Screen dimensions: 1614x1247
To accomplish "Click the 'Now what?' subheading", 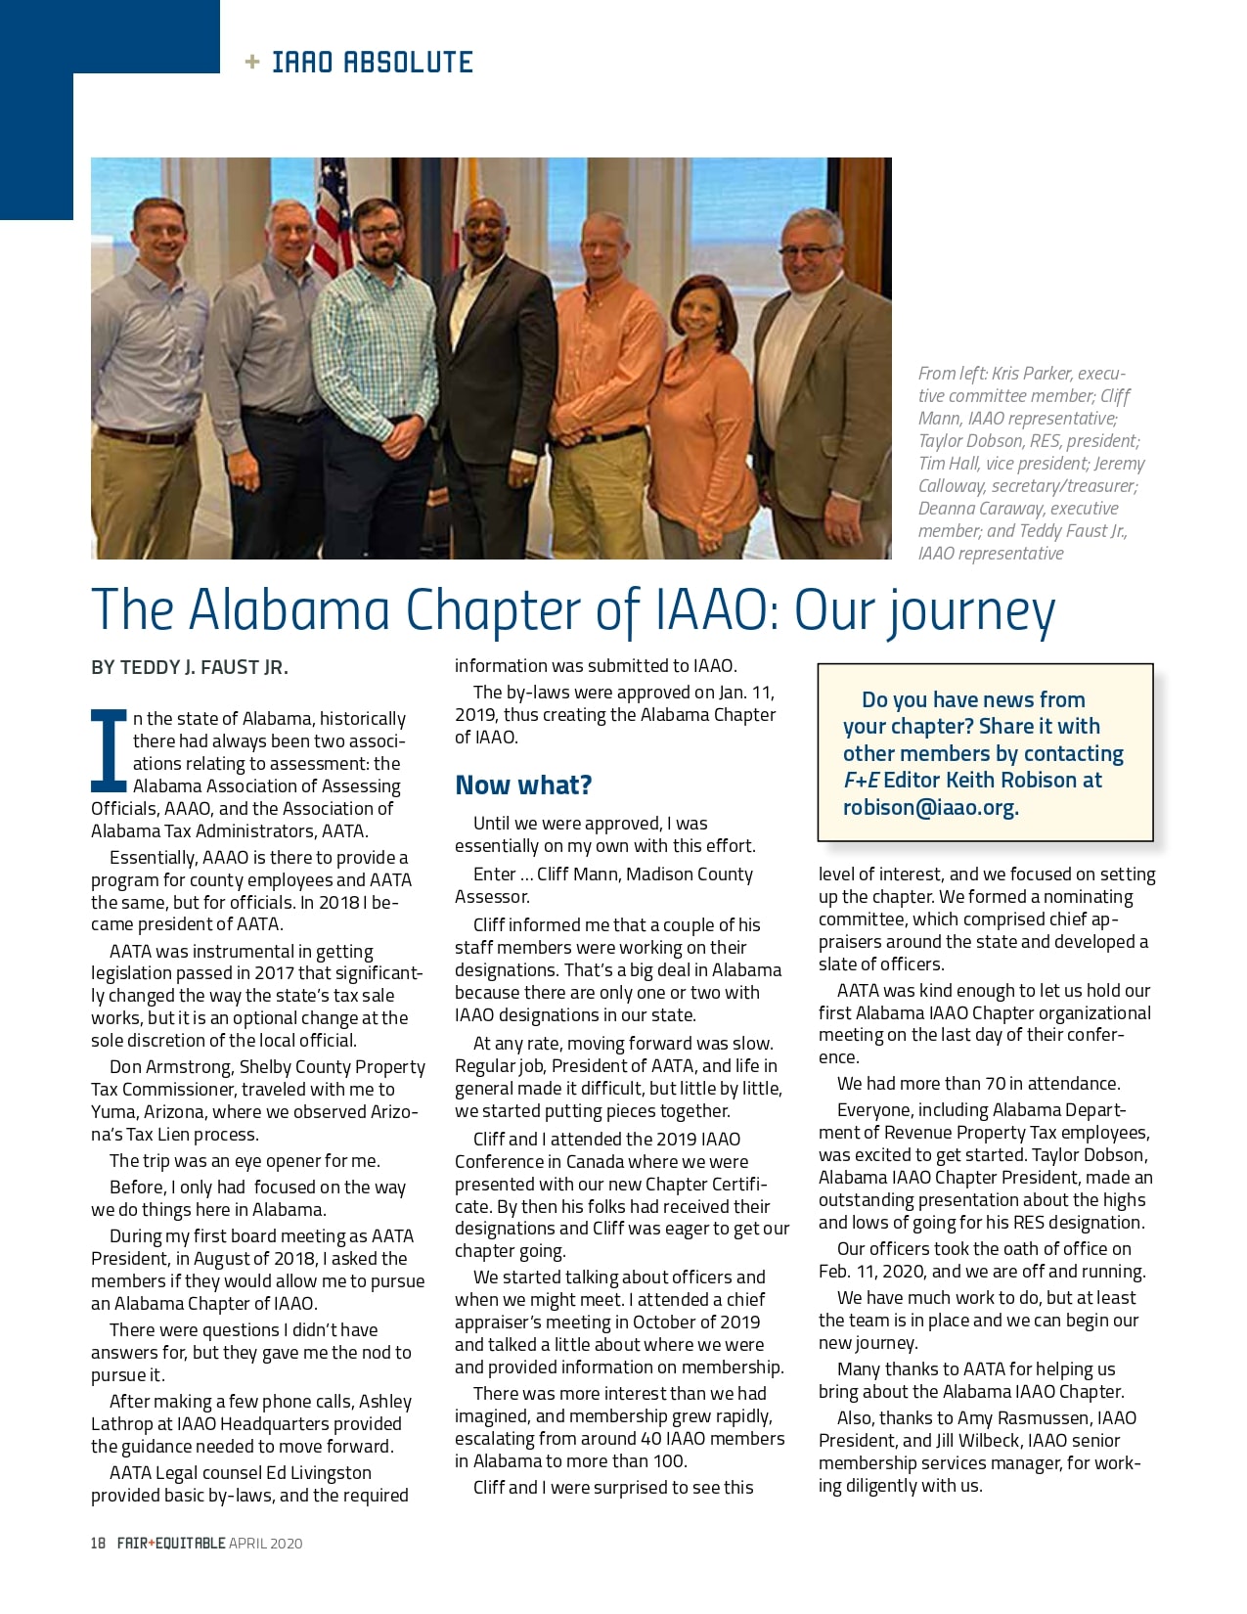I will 523,785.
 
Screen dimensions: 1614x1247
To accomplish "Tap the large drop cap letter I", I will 109,750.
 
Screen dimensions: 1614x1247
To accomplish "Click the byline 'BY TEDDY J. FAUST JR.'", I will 190,668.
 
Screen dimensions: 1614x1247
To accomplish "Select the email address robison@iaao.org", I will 930,808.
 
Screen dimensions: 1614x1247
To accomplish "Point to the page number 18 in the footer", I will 98,1544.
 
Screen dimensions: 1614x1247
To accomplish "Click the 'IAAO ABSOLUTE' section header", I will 372,63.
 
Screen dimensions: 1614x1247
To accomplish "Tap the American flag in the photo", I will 334,215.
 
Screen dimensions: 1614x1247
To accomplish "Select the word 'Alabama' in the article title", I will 290,609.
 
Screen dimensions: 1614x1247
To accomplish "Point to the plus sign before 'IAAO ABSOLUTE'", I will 252,63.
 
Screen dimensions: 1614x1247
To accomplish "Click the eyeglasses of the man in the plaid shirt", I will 379,232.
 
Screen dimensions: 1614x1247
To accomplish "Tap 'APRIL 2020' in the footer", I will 266,1544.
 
